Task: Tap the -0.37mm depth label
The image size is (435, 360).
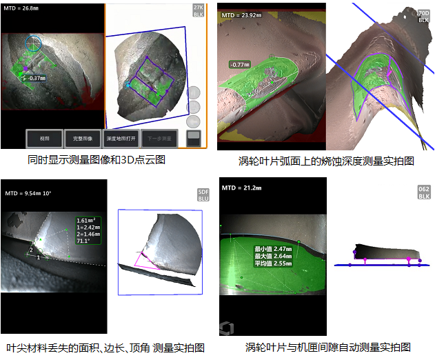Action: [x=37, y=78]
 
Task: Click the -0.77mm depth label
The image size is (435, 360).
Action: [x=241, y=64]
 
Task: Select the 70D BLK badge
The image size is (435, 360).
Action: [x=423, y=16]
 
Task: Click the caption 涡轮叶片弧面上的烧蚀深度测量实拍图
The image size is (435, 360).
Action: [x=325, y=160]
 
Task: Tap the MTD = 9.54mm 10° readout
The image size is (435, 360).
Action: [x=29, y=193]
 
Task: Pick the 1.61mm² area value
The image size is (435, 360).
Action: [x=88, y=221]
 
